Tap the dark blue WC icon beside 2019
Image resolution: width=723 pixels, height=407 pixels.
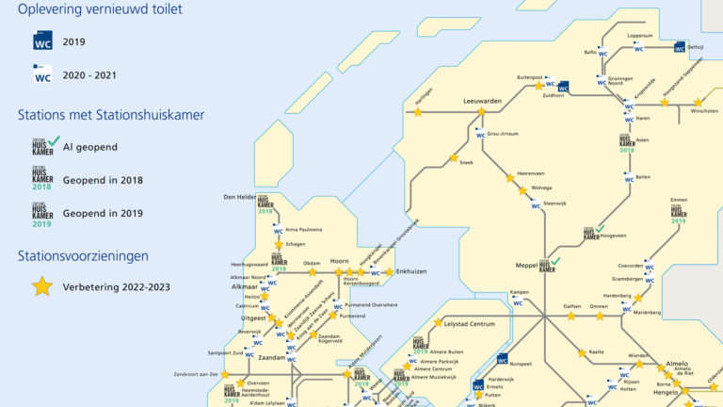[x=42, y=41]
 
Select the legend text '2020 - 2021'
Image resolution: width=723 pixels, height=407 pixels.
[x=90, y=75]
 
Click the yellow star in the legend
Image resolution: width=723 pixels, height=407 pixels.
[x=42, y=286]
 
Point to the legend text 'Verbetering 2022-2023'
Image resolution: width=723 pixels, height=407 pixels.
[x=117, y=286]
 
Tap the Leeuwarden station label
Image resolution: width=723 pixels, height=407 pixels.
[x=482, y=100]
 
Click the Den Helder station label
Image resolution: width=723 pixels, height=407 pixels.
[x=239, y=197]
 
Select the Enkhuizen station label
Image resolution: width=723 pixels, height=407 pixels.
[x=410, y=271]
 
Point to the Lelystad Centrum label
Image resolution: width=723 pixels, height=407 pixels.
[x=469, y=324]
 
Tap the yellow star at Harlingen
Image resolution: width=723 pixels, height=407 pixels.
[x=418, y=112]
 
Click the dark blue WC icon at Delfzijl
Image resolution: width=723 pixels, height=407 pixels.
[x=680, y=47]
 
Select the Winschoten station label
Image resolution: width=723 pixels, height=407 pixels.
[x=704, y=110]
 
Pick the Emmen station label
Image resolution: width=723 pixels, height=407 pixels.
[x=678, y=200]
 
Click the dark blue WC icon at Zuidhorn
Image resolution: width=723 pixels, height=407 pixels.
[x=563, y=86]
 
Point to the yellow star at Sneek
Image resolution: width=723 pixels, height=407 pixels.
[x=454, y=157]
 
